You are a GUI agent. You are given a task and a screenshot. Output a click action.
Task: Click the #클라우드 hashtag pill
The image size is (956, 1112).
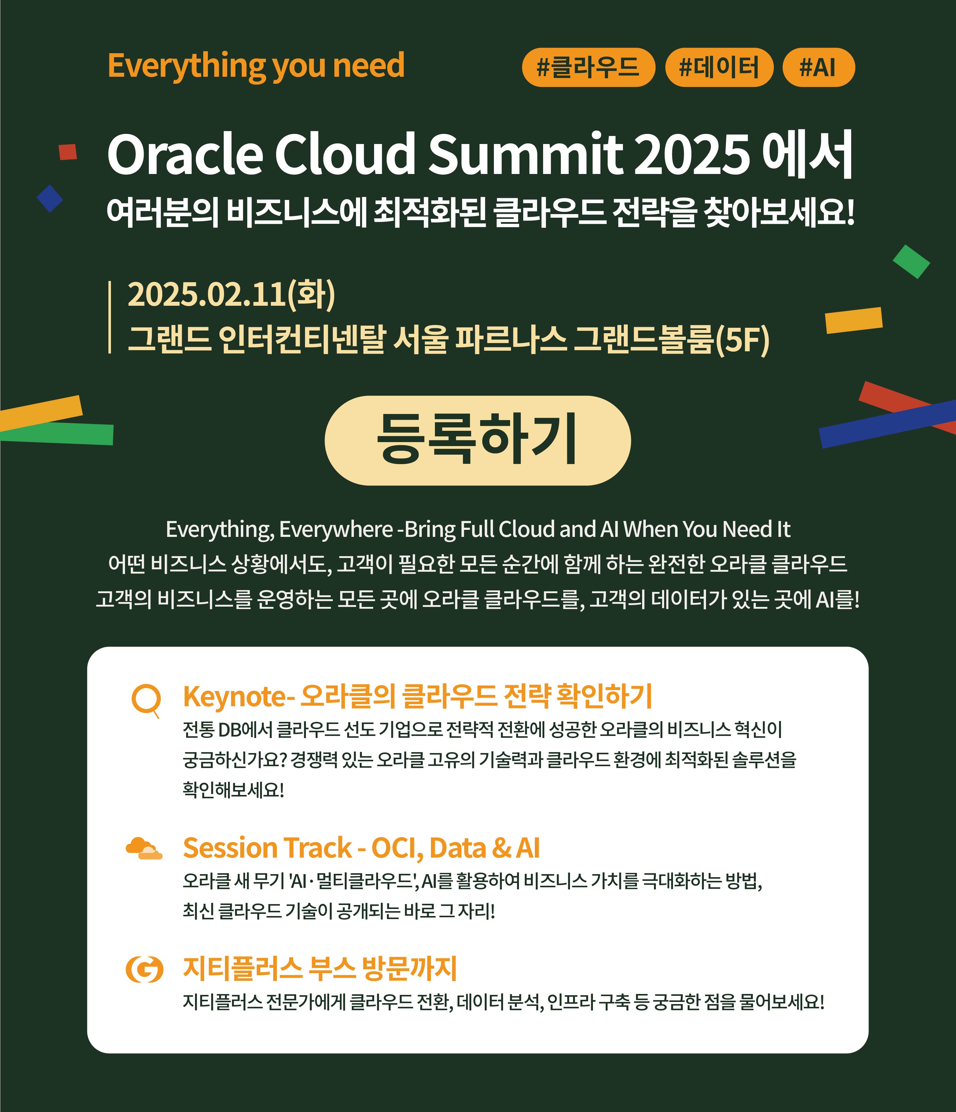tap(589, 68)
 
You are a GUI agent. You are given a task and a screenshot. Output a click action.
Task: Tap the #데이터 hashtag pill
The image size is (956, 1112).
tap(719, 68)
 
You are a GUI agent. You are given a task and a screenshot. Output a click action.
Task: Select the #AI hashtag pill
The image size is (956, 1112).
tap(819, 68)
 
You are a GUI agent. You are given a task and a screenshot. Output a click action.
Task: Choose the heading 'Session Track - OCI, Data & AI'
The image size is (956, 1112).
tap(361, 848)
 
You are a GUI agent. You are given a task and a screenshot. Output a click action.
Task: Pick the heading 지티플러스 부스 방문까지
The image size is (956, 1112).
tap(320, 968)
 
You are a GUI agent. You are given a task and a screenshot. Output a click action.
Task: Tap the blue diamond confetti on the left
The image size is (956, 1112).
tap(50, 198)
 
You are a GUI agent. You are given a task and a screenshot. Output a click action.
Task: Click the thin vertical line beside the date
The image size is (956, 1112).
tap(109, 317)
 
